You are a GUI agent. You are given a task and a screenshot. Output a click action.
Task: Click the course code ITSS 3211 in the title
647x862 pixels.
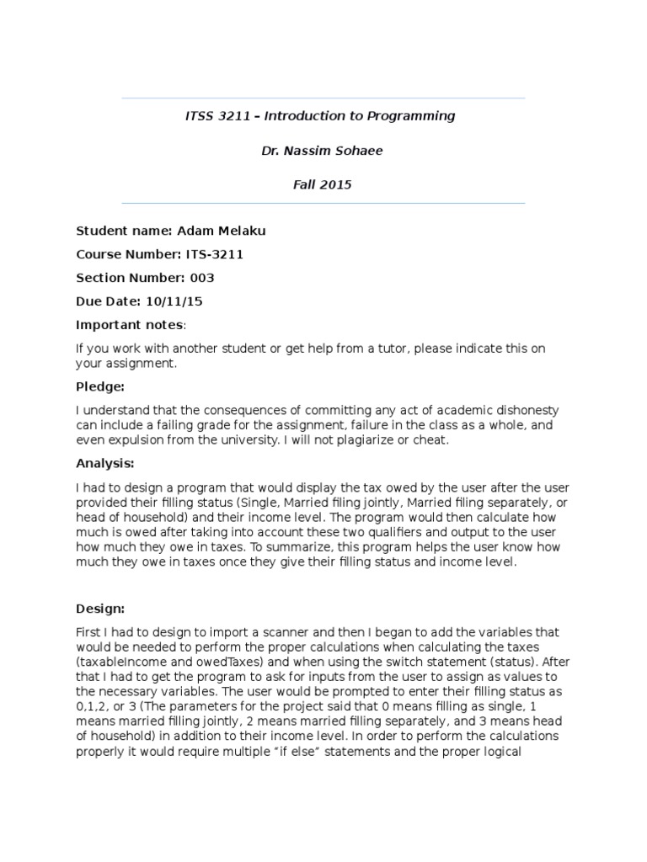click(x=218, y=116)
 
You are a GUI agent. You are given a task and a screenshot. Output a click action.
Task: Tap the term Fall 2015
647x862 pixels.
click(x=323, y=185)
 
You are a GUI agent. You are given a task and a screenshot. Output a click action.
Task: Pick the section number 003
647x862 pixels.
click(x=203, y=278)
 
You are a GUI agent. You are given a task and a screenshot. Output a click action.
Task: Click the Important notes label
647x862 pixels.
click(x=129, y=325)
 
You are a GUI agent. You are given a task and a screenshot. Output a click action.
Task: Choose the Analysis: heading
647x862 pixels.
click(x=104, y=463)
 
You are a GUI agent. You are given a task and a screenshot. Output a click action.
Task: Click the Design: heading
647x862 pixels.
click(x=100, y=608)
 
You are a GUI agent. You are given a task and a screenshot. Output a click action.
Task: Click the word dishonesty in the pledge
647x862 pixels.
click(x=526, y=410)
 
